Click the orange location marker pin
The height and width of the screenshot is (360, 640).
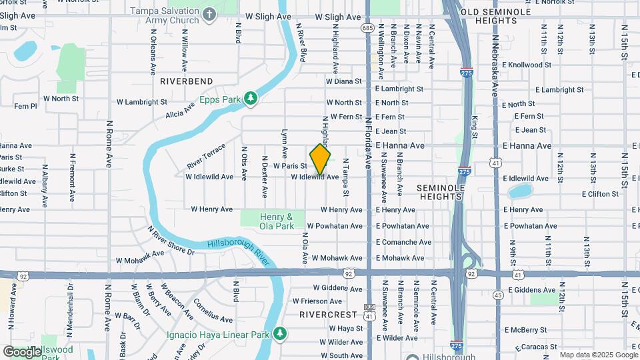[x=320, y=159]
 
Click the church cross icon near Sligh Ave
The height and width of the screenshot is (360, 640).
[x=209, y=14]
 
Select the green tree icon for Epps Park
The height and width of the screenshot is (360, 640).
[x=251, y=99]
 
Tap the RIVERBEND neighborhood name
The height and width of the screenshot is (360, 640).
[x=187, y=81]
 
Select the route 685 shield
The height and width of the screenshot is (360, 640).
[x=367, y=28]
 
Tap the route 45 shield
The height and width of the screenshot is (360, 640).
[x=498, y=295]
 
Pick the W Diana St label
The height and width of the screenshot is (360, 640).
[x=343, y=81]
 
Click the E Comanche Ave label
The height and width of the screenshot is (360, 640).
[x=403, y=242]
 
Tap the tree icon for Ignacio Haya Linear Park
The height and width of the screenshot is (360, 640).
[x=281, y=332]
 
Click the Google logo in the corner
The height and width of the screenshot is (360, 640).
[x=21, y=351]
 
